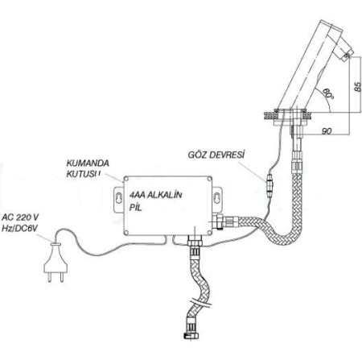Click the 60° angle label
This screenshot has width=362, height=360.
327,94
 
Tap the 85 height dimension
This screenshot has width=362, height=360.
358,87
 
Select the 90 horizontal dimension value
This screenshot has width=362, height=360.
327,131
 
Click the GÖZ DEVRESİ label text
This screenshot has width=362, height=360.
216,155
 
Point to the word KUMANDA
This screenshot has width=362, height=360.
88,163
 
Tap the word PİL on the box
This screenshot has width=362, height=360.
135,208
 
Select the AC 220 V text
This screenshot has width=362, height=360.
20,217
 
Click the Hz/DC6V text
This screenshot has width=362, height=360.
19,229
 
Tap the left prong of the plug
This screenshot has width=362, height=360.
49,278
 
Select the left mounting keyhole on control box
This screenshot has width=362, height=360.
118,197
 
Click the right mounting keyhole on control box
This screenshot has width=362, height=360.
217,197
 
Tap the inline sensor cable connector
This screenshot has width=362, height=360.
269,185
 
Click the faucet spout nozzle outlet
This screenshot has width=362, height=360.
347,56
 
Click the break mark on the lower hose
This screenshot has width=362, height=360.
201,302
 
